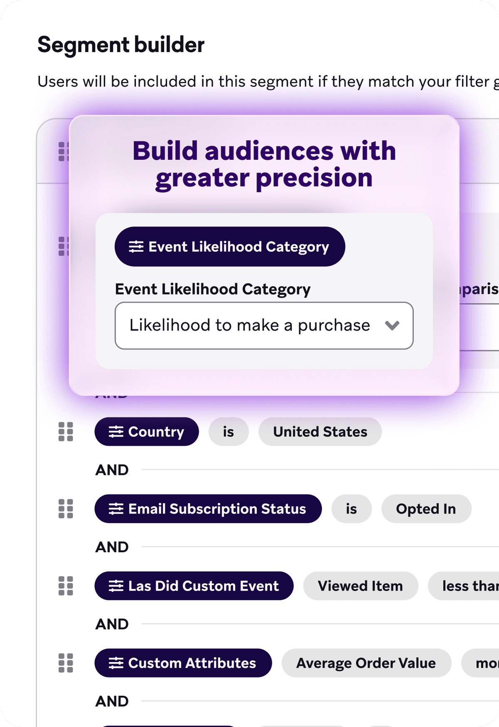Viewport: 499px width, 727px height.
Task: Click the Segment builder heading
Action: tap(121, 45)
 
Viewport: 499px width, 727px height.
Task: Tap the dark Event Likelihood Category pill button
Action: tap(230, 247)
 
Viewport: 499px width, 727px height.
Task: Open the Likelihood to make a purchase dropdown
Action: tap(249, 325)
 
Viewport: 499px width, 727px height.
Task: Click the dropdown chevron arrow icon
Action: tap(392, 325)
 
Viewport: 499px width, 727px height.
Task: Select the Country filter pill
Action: tap(146, 432)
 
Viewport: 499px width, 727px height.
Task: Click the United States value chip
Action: tap(320, 432)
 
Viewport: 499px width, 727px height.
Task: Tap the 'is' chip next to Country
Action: tap(228, 432)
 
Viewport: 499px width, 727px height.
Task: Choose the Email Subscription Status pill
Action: tap(208, 509)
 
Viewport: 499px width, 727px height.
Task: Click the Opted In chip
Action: tap(426, 509)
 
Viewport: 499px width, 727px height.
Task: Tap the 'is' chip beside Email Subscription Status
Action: tap(351, 509)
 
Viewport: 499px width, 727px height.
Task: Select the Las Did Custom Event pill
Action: tap(194, 586)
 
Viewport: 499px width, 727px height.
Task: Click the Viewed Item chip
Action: tap(360, 586)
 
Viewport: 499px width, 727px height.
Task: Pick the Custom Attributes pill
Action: tap(183, 663)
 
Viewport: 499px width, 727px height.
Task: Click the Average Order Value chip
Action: tap(366, 663)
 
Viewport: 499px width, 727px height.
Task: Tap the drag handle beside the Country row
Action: tap(66, 432)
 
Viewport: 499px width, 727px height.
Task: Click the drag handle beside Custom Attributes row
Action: tap(66, 663)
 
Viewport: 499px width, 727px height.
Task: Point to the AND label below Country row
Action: tap(112, 470)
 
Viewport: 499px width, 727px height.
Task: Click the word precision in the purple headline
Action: tap(314, 178)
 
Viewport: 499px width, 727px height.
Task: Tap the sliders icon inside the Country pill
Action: tap(116, 432)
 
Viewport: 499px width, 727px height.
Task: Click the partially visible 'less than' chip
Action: tap(468, 586)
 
